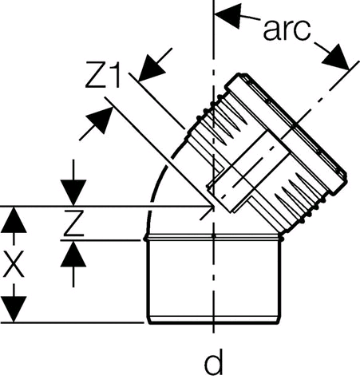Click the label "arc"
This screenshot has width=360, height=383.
287,30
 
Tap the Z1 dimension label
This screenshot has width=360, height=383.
103,75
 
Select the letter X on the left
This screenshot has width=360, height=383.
14,264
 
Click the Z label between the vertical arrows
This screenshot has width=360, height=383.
73,223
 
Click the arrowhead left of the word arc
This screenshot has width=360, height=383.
227,15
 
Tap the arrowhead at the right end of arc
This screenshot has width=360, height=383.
336,57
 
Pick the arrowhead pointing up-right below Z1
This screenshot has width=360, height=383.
100,120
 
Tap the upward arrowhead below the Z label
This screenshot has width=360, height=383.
73,254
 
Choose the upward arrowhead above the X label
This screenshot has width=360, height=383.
14,220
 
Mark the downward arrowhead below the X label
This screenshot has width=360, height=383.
14,310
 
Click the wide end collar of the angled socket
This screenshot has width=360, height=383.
286,133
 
